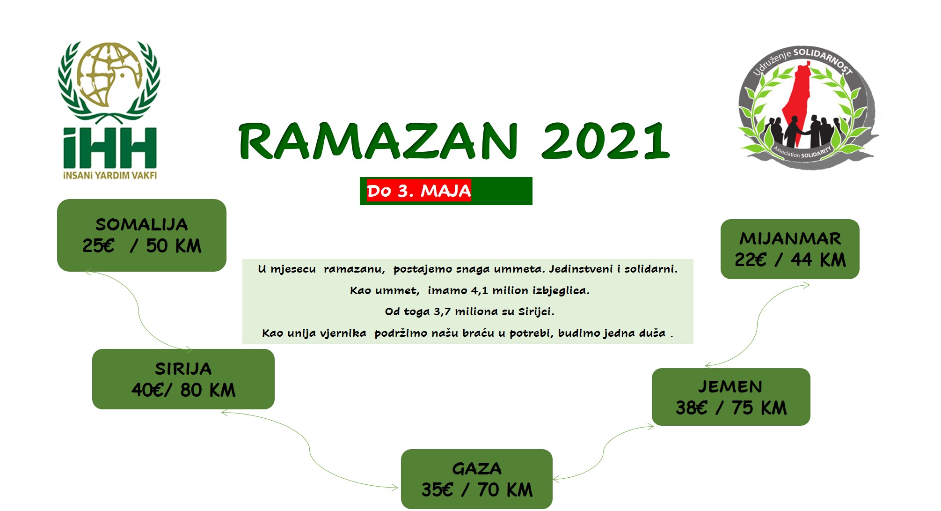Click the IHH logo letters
[x=110, y=148]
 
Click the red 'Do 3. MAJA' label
[x=419, y=191]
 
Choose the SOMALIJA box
[x=142, y=235]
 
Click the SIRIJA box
[x=183, y=379]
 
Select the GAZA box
[x=477, y=479]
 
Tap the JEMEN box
[x=731, y=397]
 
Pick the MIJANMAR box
[x=790, y=249]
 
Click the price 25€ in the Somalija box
[x=98, y=245]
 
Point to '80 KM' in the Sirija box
[x=208, y=390]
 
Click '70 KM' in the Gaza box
[x=505, y=489]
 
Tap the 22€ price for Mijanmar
[x=751, y=259]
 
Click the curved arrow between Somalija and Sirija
[x=139, y=310]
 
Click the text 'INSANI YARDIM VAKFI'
[x=110, y=176]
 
